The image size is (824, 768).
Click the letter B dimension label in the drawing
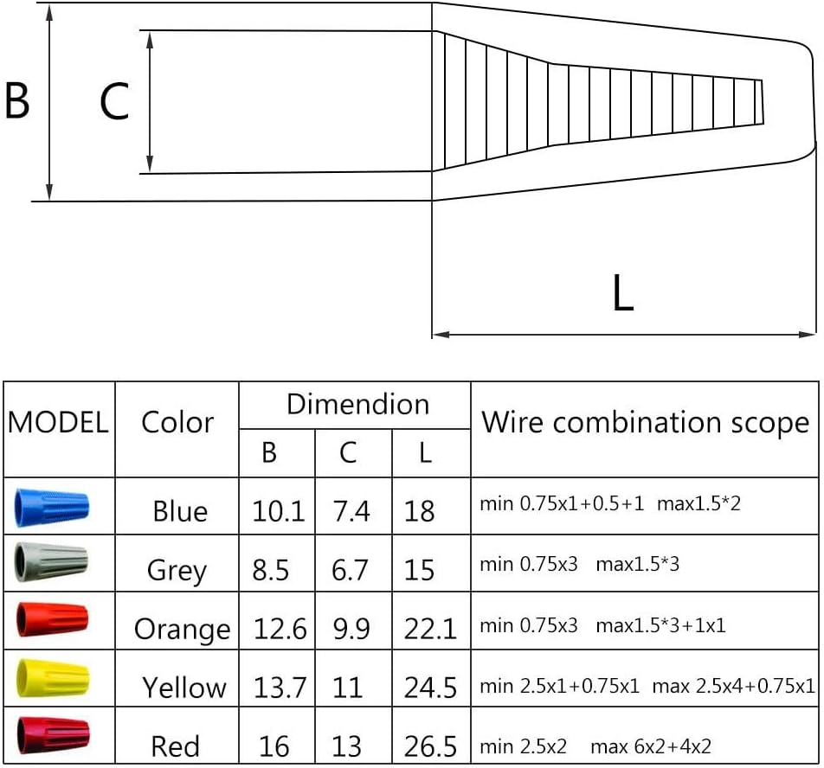pos(17,100)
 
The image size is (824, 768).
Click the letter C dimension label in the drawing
pos(114,102)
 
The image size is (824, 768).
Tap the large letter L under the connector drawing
pos(622,295)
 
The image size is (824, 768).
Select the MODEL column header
pos(58,423)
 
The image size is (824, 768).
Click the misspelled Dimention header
pos(357,404)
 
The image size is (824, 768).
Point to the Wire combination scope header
pos(645,423)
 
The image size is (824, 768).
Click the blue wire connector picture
pos(52,507)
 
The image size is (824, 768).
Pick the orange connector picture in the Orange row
pos(52,620)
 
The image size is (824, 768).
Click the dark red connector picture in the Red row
pos(52,733)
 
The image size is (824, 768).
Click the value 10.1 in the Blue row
pos(278,511)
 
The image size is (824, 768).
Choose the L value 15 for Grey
pos(419,570)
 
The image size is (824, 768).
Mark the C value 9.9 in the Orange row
pos(351,629)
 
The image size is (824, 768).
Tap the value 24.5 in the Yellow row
pos(430,688)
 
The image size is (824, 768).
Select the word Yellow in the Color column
pos(184,688)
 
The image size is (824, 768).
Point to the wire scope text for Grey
pos(579,565)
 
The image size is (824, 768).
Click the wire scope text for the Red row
pos(595,745)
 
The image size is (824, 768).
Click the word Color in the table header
pos(177,423)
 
